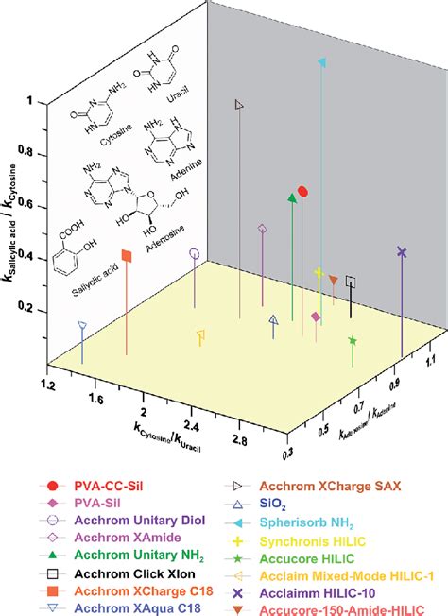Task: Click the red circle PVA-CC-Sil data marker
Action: pos(302,191)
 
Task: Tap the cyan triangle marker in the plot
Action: pos(323,63)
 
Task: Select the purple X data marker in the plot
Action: pos(402,251)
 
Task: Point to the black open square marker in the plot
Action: pos(351,281)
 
